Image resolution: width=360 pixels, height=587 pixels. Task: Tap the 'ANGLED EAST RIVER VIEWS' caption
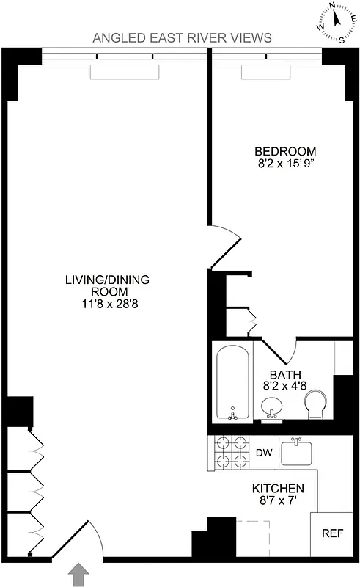tap(183, 37)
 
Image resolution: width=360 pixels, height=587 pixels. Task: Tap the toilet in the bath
tap(315, 403)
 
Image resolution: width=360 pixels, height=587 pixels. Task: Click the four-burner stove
tap(229, 453)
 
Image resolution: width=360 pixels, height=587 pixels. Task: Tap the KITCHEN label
tap(278, 489)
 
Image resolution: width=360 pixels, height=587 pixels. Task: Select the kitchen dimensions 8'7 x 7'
tap(278, 502)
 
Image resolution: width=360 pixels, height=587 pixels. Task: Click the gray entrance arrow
tap(79, 574)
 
